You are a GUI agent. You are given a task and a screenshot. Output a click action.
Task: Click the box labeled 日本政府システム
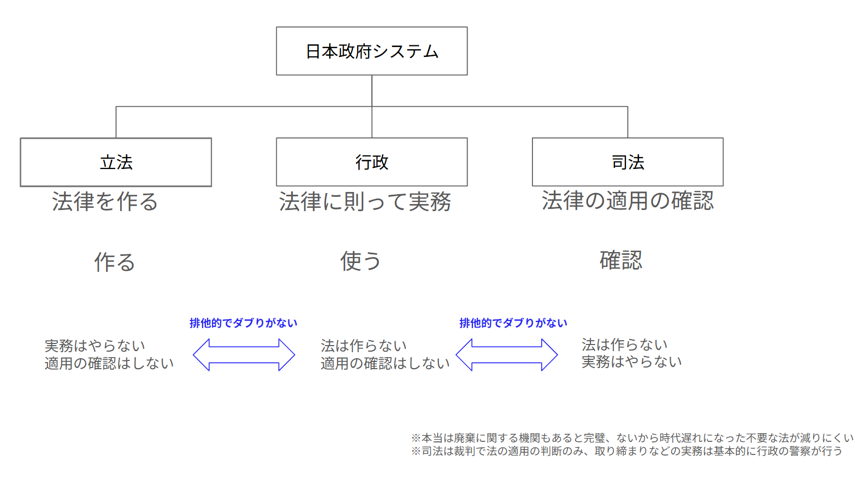click(x=371, y=51)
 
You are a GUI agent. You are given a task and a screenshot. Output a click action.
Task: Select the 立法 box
click(x=116, y=162)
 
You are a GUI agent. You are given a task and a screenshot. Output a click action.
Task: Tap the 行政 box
click(x=371, y=162)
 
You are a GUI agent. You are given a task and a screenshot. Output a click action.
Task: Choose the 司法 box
click(x=628, y=162)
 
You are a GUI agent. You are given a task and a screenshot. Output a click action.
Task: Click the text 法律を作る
click(x=105, y=201)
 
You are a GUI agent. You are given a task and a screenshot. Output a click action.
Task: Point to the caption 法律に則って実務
click(x=365, y=201)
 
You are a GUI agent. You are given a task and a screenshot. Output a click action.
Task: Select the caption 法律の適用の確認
click(x=628, y=201)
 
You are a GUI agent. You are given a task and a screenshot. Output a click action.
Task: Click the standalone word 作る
click(x=114, y=262)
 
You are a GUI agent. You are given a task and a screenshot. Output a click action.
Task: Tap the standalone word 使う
click(x=360, y=261)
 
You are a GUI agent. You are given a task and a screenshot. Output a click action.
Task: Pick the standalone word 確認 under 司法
click(x=621, y=260)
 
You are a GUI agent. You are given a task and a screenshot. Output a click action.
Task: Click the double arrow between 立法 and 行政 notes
click(x=244, y=355)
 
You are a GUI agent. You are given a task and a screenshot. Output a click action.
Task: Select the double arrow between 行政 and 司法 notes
click(x=507, y=355)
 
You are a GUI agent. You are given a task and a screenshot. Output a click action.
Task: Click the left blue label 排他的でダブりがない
click(x=243, y=323)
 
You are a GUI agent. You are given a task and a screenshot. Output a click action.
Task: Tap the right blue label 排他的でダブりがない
click(x=513, y=323)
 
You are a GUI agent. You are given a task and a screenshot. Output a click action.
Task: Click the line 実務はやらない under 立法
click(x=95, y=346)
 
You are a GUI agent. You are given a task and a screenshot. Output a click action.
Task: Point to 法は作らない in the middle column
click(x=364, y=346)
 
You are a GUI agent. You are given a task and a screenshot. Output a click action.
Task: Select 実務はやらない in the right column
click(x=631, y=362)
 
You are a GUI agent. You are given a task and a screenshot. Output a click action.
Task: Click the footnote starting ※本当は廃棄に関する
click(x=632, y=438)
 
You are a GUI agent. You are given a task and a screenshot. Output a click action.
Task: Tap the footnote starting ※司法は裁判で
click(x=626, y=451)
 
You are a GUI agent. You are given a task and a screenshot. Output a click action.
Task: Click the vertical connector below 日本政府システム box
click(x=372, y=91)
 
